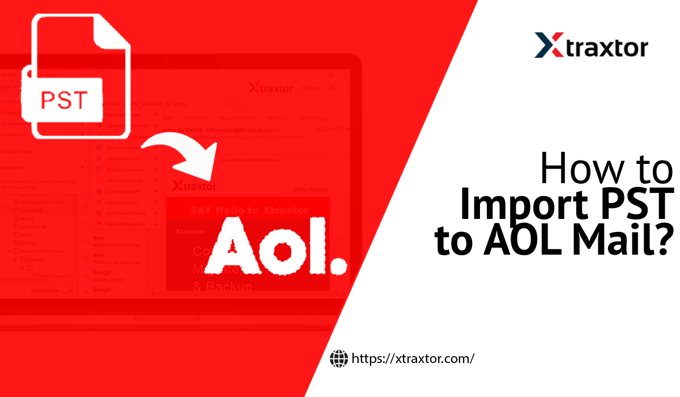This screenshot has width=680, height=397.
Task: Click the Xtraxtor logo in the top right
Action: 591,45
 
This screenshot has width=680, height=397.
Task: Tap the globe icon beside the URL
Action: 339,358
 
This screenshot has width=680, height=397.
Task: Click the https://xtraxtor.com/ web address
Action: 413,358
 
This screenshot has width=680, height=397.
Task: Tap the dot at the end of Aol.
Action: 338,263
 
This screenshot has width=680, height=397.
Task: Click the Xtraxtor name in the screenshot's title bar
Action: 271,88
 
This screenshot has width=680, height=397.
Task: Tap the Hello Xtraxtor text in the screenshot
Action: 311,189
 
